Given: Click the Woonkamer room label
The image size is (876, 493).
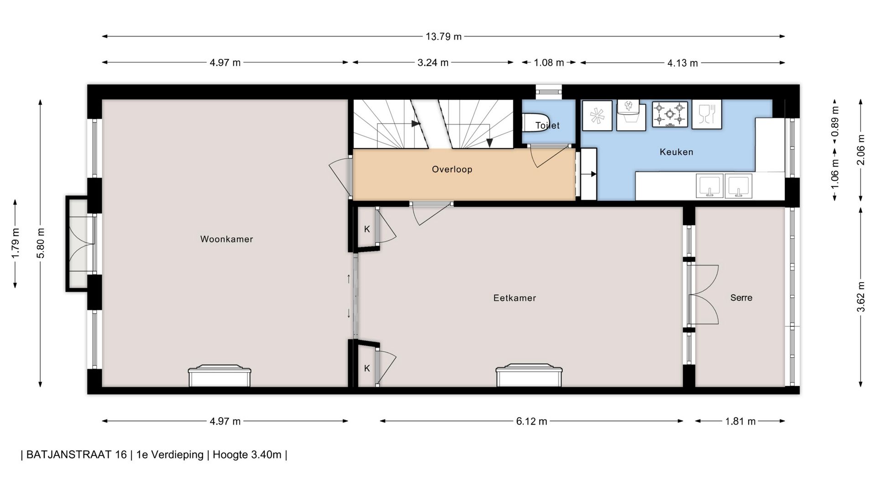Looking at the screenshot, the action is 226,239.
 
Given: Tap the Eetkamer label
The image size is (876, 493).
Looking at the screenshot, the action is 515,298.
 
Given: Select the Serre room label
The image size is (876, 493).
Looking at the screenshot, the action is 741,298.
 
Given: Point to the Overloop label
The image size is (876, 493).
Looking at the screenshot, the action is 452,169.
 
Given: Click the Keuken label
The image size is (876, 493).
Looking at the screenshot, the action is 676,152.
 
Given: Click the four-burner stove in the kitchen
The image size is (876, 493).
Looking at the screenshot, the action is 670,114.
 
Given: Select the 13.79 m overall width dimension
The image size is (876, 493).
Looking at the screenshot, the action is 443,37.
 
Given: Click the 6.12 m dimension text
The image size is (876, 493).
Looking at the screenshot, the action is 532,421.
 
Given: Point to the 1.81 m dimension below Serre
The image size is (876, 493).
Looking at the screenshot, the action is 740,421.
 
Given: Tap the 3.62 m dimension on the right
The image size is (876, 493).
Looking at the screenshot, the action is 860,297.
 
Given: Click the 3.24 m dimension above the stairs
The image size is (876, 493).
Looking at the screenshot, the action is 433,63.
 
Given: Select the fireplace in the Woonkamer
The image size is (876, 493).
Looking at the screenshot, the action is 220,376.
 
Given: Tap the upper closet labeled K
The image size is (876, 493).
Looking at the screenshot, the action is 367,229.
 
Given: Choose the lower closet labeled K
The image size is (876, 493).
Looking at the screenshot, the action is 367,368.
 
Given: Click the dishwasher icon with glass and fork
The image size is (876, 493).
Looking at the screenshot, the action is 707,114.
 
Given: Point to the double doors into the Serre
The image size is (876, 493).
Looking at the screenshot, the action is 703,295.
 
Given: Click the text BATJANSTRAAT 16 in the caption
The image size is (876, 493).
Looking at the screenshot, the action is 77,455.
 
